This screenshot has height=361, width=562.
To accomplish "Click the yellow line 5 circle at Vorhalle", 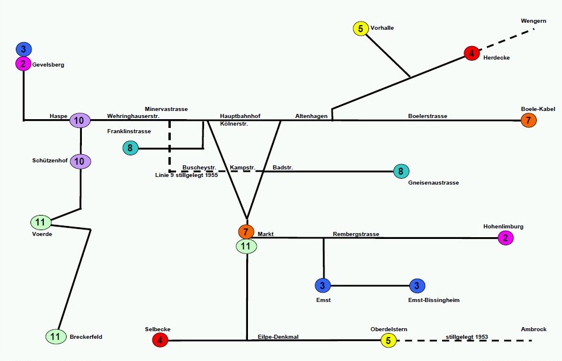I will (360, 28).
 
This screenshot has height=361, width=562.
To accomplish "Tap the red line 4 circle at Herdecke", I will (471, 53).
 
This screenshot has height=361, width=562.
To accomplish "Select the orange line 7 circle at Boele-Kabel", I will (528, 120).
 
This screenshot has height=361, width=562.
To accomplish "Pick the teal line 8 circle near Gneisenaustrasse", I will (401, 171).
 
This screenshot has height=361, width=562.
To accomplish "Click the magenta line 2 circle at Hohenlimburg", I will (505, 238).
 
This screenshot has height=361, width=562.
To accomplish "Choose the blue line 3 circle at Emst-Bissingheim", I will (416, 286).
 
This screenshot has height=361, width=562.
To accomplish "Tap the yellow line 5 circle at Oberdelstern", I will (388, 340).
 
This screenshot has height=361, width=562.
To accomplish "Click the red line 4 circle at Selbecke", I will (160, 339).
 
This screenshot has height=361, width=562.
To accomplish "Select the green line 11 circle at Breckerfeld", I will (56, 336).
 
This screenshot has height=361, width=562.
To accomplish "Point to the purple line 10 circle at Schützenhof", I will (80, 161).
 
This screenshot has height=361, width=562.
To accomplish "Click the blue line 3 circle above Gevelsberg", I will (23, 49).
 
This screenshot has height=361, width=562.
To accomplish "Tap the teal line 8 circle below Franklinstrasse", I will (130, 148).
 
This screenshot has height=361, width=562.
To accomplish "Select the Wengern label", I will (533, 21).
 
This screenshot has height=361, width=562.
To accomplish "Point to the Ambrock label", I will (533, 329).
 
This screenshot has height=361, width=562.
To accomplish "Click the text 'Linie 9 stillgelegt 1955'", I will (184, 175).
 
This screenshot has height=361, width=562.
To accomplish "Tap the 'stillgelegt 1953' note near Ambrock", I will (467, 337).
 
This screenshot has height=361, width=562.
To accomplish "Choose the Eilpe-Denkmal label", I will (278, 337).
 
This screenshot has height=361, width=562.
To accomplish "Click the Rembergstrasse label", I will (356, 234).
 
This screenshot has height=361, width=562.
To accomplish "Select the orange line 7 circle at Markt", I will (246, 232).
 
